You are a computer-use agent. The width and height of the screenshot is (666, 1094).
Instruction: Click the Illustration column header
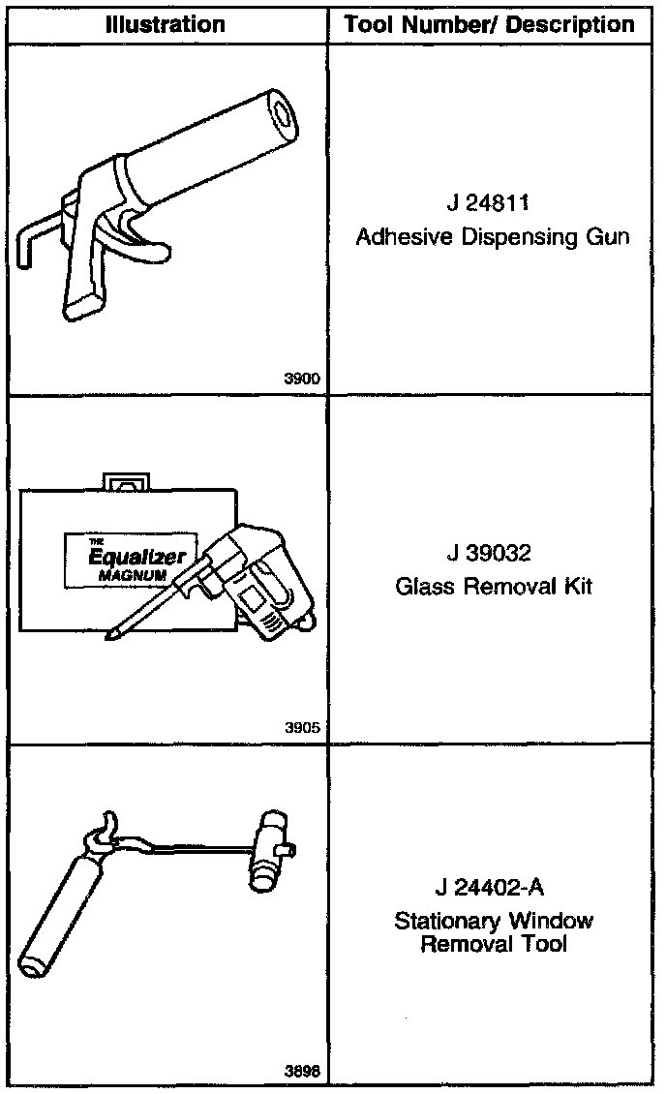[166, 24]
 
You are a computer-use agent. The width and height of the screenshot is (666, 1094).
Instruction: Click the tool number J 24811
[493, 203]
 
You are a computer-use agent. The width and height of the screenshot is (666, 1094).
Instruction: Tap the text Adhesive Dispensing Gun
[493, 236]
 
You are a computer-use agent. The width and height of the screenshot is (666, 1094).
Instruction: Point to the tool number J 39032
[493, 554]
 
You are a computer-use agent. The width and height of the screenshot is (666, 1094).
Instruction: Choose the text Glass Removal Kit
[493, 586]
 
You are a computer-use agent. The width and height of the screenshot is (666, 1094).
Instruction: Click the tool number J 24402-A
[493, 888]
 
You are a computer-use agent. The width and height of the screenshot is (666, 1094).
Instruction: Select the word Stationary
[441, 921]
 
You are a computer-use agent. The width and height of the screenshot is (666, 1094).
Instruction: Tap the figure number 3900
[300, 380]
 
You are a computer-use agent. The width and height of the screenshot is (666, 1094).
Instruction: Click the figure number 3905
[300, 728]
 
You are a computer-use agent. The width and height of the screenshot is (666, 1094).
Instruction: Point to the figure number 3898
[300, 1071]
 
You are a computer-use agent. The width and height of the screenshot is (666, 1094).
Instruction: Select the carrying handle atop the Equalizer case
[125, 479]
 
